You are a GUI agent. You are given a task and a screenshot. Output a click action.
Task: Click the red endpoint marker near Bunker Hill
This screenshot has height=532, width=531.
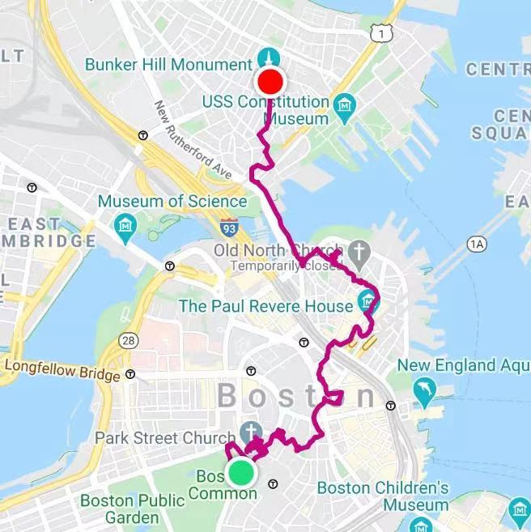[x=270, y=82]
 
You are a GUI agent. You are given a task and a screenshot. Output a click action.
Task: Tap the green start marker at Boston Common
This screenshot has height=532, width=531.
[x=240, y=472]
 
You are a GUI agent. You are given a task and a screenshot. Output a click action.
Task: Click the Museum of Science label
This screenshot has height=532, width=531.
[x=172, y=201]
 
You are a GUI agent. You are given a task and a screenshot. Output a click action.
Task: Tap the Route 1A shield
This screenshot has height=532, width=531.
[x=477, y=243]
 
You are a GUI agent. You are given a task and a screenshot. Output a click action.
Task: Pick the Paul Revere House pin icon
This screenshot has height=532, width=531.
[x=369, y=305]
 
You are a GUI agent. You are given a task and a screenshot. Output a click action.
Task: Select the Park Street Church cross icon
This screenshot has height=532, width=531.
[x=251, y=430]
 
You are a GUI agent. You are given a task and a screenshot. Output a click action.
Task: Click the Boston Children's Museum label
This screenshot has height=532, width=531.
[x=383, y=496]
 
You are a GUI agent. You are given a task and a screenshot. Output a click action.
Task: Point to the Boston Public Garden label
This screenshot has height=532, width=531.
[x=132, y=509]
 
